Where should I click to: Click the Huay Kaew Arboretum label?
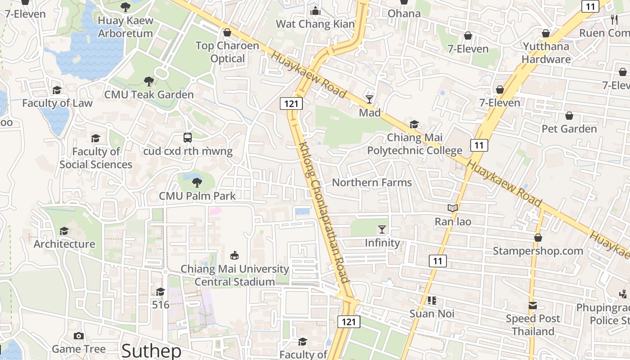click(x=126, y=27)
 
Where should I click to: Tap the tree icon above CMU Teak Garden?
click(x=148, y=81)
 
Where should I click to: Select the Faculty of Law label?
click(x=57, y=103)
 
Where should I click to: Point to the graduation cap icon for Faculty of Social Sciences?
click(x=95, y=138)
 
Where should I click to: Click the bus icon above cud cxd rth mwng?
click(x=188, y=138)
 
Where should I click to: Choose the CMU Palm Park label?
click(x=197, y=196)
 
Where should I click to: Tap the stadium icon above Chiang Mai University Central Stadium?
click(x=234, y=255)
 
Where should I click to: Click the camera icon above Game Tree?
click(x=78, y=336)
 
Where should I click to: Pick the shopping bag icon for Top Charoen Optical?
click(x=227, y=33)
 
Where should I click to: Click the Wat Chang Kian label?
click(x=315, y=24)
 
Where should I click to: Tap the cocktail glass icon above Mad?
click(x=369, y=99)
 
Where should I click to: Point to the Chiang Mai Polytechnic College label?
click(x=414, y=144)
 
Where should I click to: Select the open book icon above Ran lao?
click(x=452, y=208)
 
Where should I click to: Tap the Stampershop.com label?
click(x=538, y=251)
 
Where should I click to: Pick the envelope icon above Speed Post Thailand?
click(x=532, y=306)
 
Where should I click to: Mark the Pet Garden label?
click(x=569, y=129)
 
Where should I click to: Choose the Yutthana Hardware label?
click(x=546, y=53)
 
